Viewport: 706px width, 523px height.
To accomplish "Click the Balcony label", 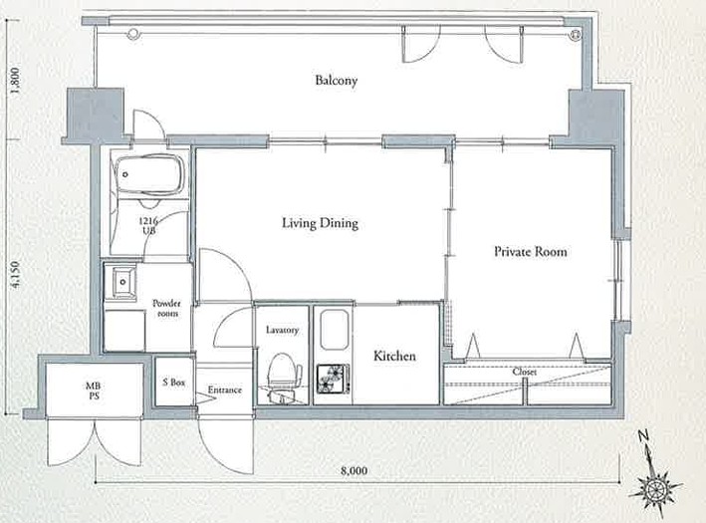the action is point(337,81).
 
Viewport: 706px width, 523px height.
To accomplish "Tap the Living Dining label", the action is point(320,223).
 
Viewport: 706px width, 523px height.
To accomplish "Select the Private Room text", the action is point(531,251).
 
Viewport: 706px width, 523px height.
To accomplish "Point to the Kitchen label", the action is point(394,356).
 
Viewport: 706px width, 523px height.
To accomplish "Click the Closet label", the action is point(525,373).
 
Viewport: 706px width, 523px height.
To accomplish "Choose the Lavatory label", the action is point(283,330).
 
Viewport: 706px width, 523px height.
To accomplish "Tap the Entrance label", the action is point(225,390).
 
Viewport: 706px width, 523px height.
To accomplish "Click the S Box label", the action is point(174,383).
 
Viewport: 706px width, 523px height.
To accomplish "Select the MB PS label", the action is point(94,392).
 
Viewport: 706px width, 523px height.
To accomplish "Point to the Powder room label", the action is point(166,308).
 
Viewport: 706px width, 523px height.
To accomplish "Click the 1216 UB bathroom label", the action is point(148,226).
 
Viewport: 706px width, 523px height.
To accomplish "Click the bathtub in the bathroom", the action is point(150,174).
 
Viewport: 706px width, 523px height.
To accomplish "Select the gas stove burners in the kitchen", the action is point(334,379).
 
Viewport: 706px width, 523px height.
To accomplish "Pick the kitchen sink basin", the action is point(335,330).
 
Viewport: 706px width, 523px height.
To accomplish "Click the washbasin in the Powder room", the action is point(121,283).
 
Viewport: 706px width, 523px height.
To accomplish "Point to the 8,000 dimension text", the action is point(353,471).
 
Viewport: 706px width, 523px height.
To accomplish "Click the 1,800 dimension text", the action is point(15,81).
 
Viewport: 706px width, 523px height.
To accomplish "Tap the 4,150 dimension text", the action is point(15,274).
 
